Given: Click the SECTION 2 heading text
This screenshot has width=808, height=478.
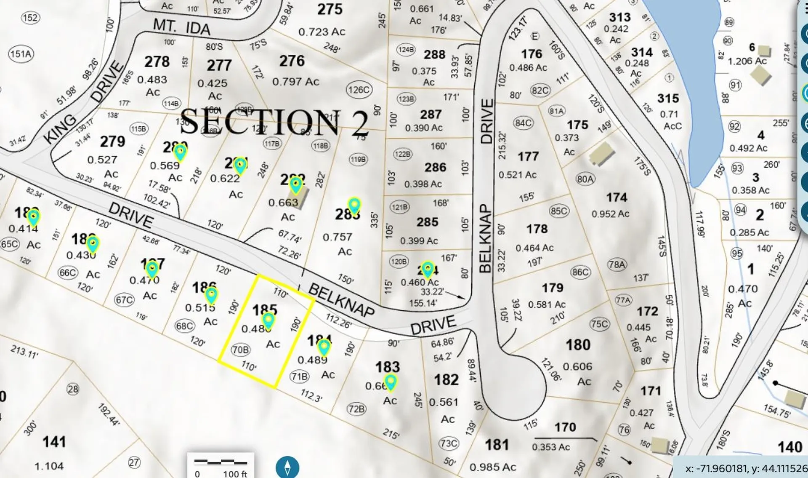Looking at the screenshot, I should point(274,122).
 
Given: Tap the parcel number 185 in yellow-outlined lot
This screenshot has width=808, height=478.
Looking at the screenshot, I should point(264,310).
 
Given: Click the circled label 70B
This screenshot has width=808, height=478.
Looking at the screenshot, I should point(241,350).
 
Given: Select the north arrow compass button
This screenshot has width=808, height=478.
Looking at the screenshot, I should point(287,467).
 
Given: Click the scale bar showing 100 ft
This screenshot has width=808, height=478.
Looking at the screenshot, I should point(221,466).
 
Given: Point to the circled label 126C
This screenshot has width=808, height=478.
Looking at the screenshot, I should point(359,90).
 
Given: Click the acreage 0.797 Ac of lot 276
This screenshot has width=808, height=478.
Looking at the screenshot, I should point(295,81).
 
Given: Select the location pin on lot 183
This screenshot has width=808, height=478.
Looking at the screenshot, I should point(391,382).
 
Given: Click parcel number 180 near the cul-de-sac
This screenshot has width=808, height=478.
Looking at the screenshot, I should point(578,345).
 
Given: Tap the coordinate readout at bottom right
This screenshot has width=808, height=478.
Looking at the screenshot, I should point(745,468).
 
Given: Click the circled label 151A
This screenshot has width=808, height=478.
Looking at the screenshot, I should point(21,54).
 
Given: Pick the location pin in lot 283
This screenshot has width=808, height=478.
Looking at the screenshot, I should point(354,205).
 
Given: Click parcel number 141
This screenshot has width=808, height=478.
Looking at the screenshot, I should point(54,442).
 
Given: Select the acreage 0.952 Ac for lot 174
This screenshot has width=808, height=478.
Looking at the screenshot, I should point(610,214).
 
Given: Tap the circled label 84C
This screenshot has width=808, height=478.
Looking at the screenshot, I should point(523,123).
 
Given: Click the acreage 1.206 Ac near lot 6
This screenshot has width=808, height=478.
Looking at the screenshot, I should point(747,61).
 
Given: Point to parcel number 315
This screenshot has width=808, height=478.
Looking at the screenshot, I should point(668,99).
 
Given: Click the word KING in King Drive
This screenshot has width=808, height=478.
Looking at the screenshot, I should point(60,128).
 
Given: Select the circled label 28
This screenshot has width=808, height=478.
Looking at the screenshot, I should point(73,389).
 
